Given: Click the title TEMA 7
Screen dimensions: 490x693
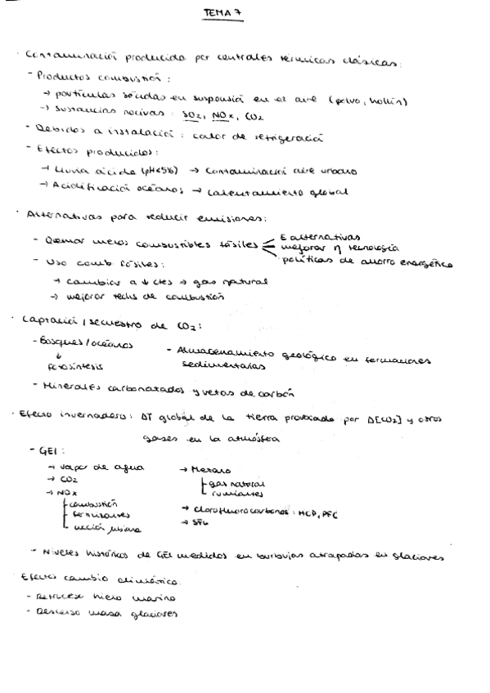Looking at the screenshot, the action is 222,13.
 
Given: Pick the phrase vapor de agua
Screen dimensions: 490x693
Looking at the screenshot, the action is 98,467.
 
